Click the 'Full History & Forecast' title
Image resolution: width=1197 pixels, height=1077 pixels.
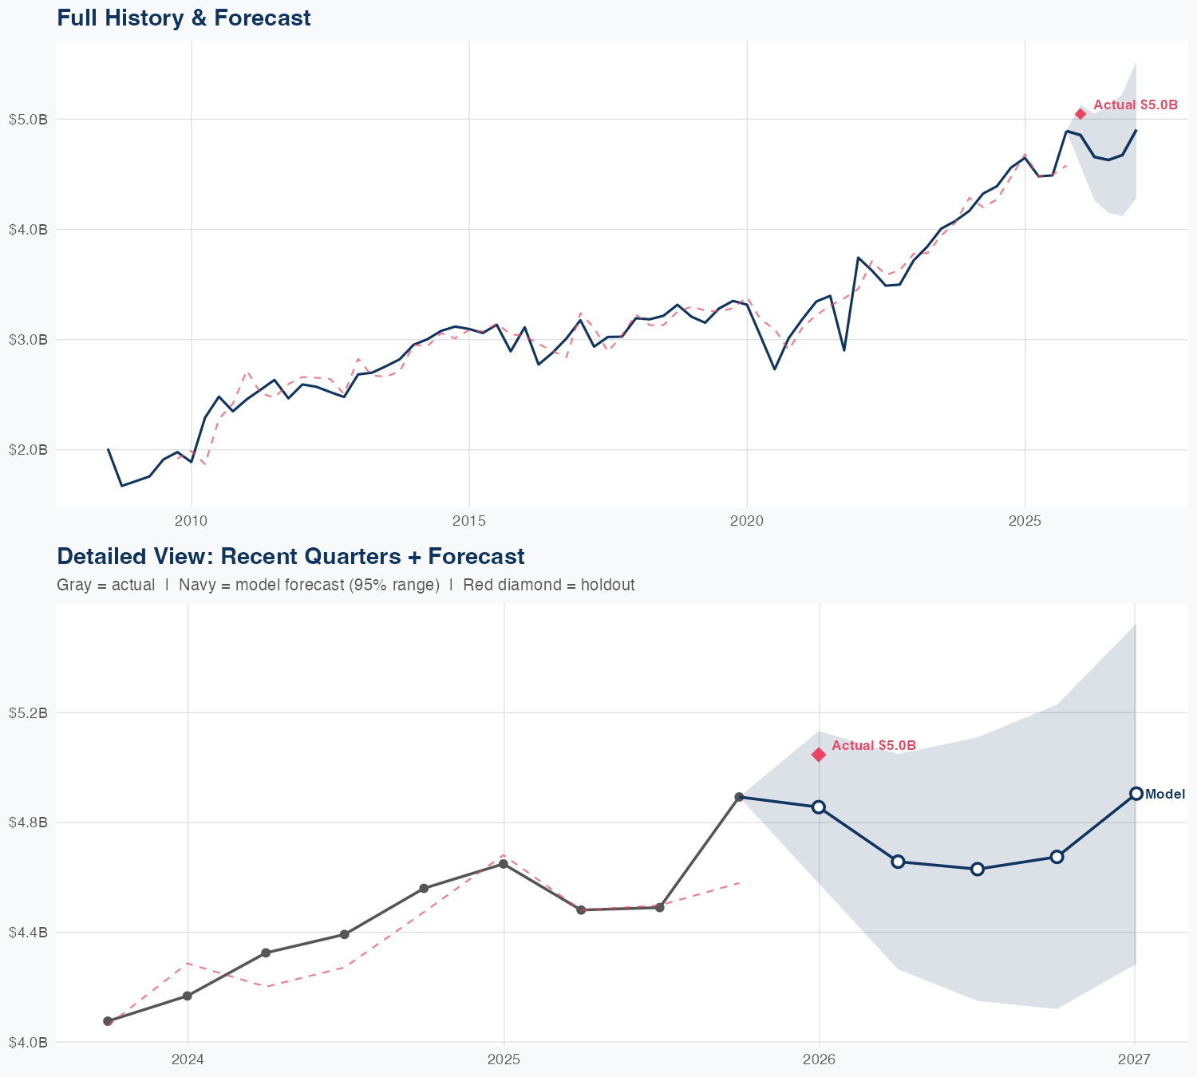(184, 18)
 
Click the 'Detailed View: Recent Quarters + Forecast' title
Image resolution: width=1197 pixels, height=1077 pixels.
(290, 556)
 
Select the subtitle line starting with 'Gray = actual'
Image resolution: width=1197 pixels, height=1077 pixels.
(346, 585)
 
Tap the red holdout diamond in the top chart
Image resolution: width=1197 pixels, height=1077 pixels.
(1080, 114)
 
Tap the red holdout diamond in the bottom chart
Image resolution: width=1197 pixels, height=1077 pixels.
(819, 755)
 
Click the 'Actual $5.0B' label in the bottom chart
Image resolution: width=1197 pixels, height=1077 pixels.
(873, 745)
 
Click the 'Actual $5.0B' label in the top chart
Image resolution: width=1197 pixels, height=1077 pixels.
(1135, 105)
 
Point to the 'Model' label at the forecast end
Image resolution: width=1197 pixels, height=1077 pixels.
(1164, 794)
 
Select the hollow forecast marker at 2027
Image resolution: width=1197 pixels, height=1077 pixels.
(1136, 794)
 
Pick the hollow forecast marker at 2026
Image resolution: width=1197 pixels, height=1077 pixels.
(819, 807)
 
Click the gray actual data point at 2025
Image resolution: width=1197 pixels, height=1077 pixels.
(504, 864)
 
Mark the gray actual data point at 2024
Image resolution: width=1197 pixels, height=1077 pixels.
(188, 996)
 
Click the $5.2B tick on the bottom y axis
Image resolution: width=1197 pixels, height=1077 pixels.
(29, 712)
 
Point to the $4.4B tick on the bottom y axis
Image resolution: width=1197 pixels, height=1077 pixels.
(29, 932)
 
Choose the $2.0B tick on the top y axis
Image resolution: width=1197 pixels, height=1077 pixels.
(29, 450)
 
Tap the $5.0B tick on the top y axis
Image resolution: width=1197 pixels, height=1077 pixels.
(29, 120)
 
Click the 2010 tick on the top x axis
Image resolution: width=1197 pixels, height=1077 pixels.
(192, 521)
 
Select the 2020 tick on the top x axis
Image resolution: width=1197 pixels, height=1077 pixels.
(747, 521)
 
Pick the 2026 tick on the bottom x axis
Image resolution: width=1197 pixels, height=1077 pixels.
(819, 1059)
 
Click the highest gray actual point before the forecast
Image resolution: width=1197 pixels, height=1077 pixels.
(740, 797)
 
